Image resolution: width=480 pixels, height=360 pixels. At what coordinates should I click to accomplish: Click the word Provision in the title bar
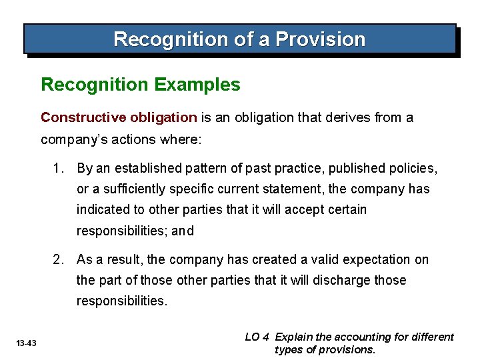pos(321,39)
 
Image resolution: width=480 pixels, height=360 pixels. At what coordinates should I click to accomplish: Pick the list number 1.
pos(58,169)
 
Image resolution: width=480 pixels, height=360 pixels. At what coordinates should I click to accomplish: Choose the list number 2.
pos(58,259)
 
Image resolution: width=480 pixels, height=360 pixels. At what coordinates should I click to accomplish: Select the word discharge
pos(339,280)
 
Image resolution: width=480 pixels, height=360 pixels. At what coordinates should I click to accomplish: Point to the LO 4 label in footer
pos(257,337)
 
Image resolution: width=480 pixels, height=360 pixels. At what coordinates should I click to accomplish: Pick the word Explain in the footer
pos(294,337)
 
